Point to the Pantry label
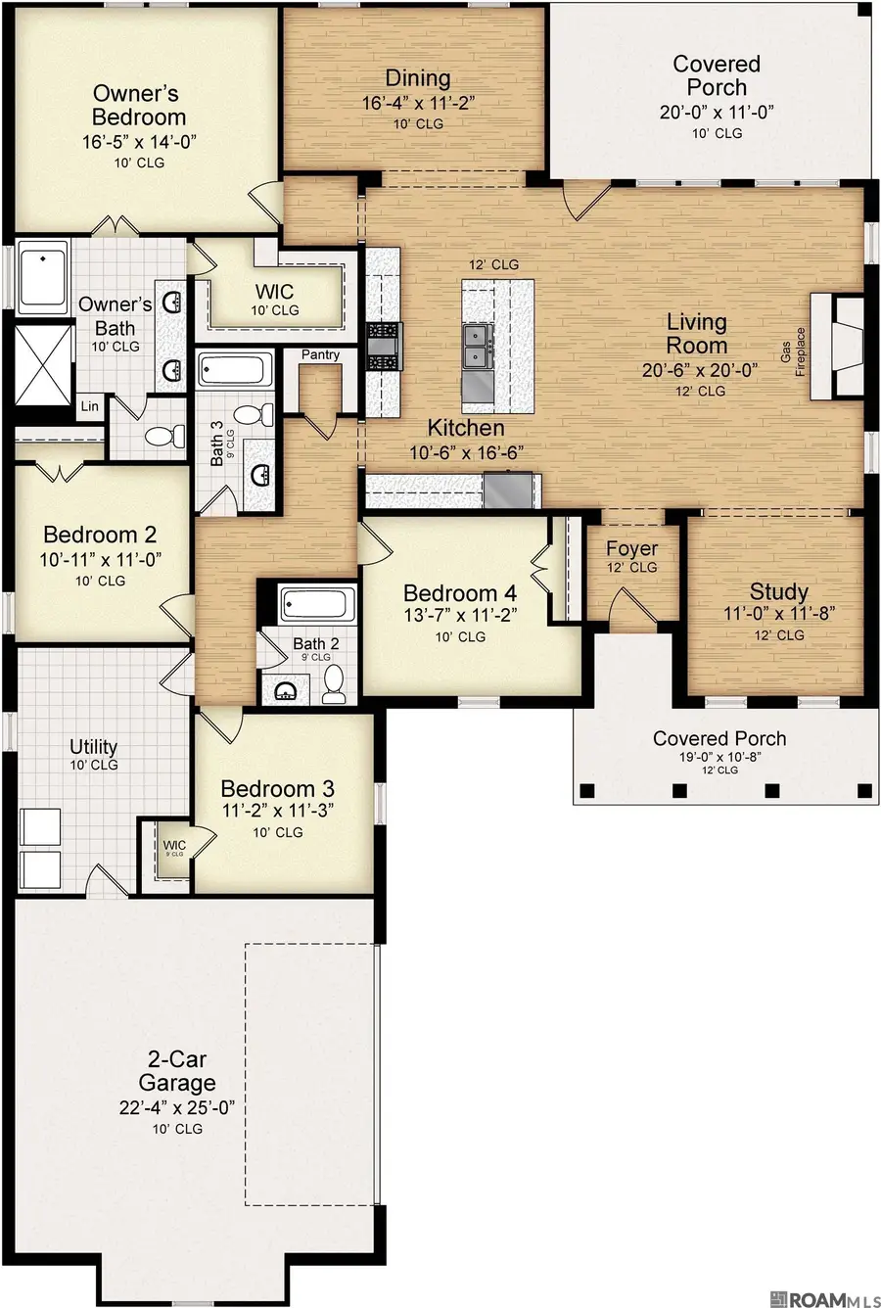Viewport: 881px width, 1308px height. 320,354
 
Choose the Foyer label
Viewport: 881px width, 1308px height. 631,548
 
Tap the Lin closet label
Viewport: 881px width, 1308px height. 90,405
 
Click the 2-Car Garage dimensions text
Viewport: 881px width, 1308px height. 177,1106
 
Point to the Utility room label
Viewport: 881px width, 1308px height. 94,747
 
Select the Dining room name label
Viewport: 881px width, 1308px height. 418,78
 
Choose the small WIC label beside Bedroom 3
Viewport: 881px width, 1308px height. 174,845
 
